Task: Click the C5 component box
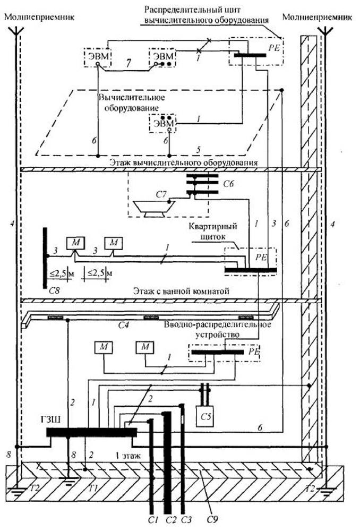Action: tap(205, 416)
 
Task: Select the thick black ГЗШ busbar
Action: tap(91, 432)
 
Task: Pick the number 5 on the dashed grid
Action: tap(199, 149)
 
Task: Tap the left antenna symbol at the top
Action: tap(16, 30)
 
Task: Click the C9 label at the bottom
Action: tap(211, 519)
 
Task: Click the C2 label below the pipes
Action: tap(172, 519)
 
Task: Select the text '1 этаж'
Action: tap(127, 455)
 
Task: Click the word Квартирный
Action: tap(212, 226)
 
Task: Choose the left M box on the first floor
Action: tap(104, 347)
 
